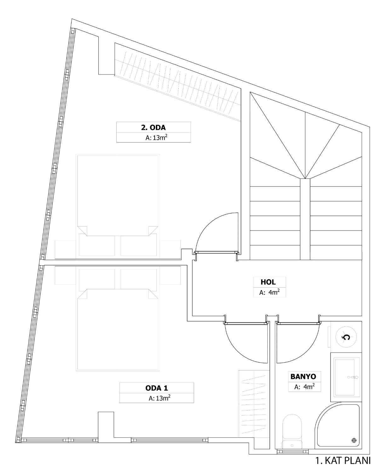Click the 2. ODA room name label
pos(153,127)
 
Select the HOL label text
pos(268,282)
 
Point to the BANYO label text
pos(303,377)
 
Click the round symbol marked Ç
pos(346,337)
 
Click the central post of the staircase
pos(305,219)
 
